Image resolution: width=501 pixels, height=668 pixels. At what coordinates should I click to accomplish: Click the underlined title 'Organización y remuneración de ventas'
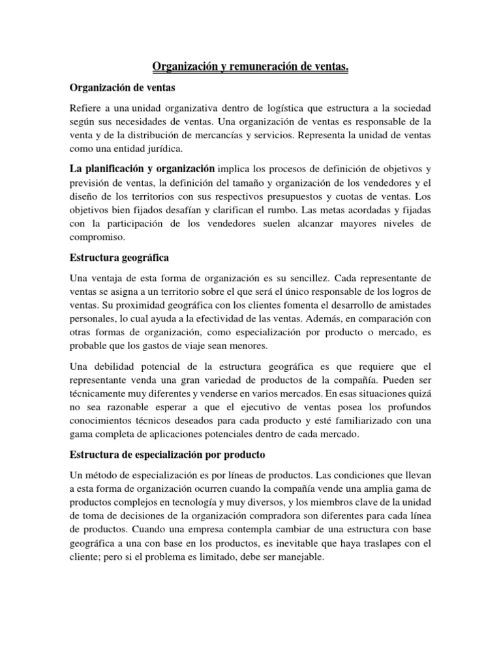tap(250, 67)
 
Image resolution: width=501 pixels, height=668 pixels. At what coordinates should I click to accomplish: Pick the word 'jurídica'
tap(162, 148)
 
